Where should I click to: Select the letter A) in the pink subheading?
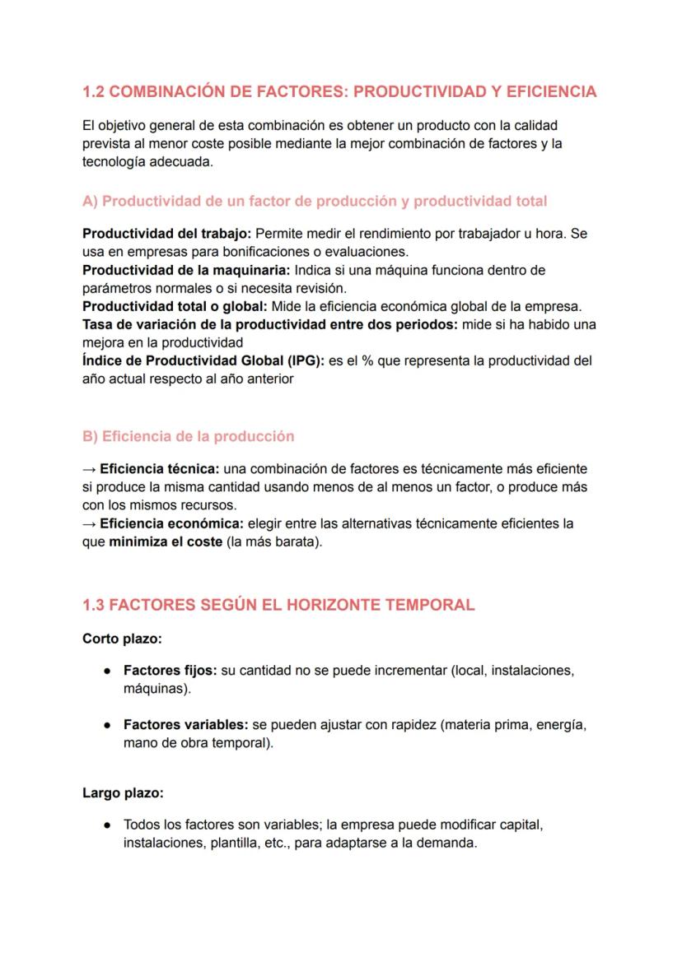tap(90, 201)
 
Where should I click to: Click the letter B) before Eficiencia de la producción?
tap(90, 436)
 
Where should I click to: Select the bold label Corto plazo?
tap(122, 638)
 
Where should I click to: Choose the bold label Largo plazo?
tap(123, 792)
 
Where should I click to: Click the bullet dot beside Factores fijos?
tap(107, 671)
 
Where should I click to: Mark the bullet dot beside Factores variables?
tap(107, 725)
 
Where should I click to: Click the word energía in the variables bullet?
tap(560, 725)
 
